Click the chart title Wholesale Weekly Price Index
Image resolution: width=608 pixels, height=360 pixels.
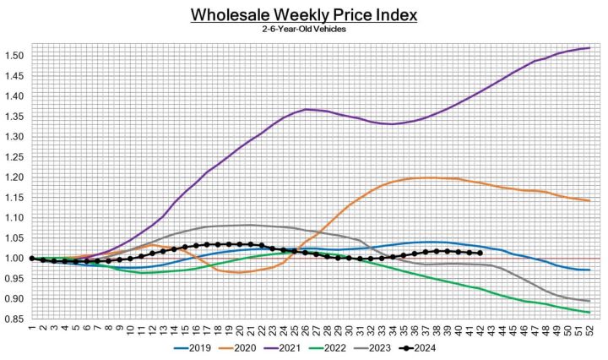click(304, 16)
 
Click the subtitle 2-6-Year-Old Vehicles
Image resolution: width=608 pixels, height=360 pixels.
click(304, 30)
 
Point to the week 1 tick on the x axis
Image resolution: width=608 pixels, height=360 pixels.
click(31, 330)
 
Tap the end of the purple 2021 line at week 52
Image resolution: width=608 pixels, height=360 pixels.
click(588, 47)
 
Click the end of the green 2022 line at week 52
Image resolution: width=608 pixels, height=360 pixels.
click(588, 313)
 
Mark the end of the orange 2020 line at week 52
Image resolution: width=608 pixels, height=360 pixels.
click(588, 200)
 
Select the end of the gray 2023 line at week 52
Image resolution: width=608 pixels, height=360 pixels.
click(588, 301)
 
